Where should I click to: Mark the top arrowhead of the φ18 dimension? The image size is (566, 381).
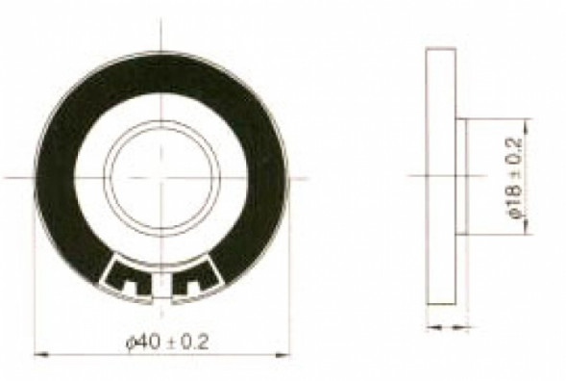[x=531, y=122]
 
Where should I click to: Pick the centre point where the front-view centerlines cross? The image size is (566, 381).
[x=165, y=176]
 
